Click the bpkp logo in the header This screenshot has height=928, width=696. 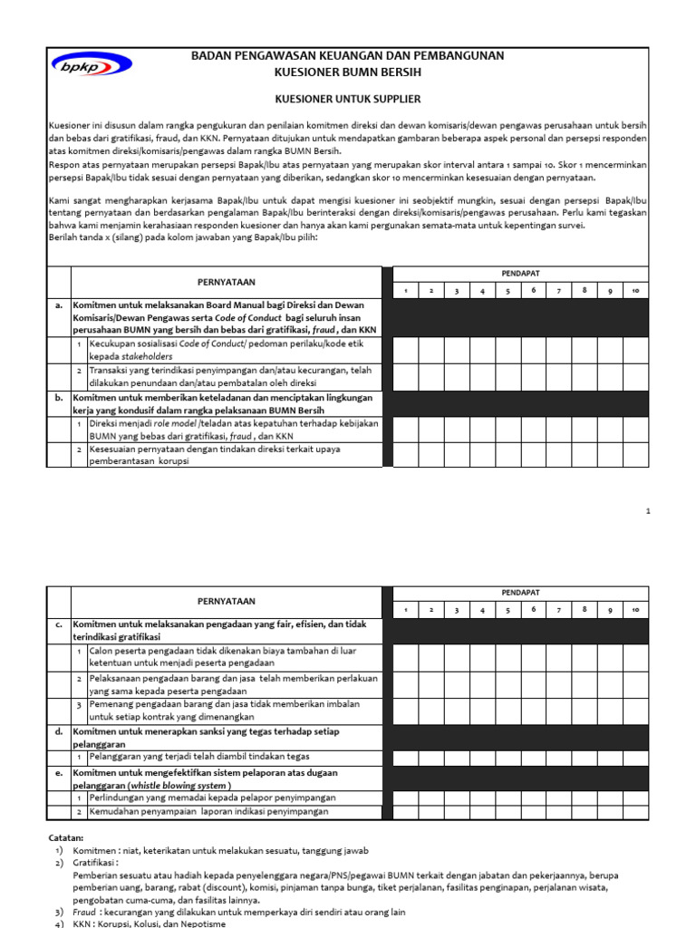tap(92, 64)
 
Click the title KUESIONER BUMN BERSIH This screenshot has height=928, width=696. tap(348, 71)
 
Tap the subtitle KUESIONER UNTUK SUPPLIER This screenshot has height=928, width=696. tap(348, 98)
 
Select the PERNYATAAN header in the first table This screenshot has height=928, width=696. tap(227, 282)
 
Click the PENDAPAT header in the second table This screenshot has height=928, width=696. tap(520, 592)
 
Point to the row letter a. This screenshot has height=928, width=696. tap(58, 305)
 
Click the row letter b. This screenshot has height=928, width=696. tap(58, 397)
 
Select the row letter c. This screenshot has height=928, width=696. tap(58, 623)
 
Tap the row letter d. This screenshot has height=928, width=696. tap(58, 730)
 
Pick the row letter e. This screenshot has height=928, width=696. tap(58, 772)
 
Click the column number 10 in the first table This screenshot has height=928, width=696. tap(635, 291)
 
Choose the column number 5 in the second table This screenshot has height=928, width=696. tap(508, 610)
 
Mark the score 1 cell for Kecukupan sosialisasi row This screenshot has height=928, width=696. tap(406, 351)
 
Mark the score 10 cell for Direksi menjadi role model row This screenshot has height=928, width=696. tap(635, 430)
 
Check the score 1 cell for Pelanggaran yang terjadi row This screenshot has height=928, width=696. tap(406, 757)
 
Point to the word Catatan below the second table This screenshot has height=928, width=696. tap(65, 837)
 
